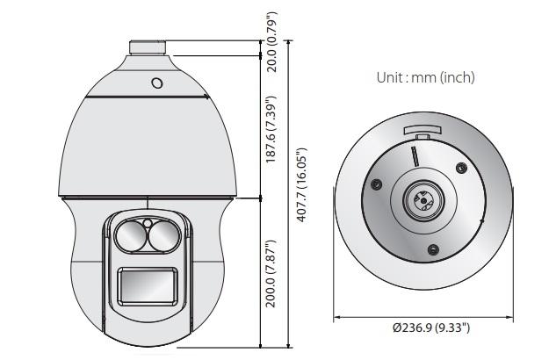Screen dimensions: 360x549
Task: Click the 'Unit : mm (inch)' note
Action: point(425,77)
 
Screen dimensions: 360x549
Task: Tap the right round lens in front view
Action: point(164,234)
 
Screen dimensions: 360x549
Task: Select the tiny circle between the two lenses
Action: point(148,223)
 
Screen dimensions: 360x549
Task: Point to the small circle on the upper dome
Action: point(156,84)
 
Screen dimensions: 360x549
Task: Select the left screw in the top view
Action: point(376,184)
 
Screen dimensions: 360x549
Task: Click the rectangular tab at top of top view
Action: point(421,132)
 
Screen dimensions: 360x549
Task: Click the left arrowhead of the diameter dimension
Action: point(338,317)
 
